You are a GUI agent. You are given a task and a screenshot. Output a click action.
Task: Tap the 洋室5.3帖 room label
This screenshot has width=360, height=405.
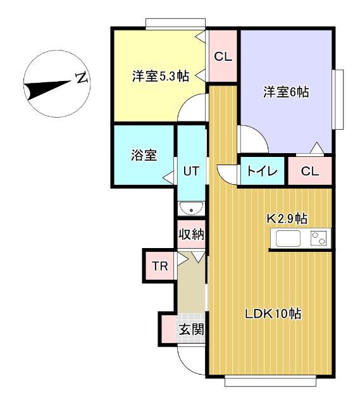[160, 76]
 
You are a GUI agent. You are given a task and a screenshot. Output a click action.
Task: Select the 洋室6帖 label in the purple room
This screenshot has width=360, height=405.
[285, 92]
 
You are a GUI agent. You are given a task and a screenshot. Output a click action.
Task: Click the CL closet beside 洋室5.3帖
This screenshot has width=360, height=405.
[223, 56]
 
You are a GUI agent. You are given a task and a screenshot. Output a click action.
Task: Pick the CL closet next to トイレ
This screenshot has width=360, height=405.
[309, 171]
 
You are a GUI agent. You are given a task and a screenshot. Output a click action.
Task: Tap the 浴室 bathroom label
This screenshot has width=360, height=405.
[144, 155]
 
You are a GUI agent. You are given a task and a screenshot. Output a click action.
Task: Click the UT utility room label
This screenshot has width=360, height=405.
[191, 171]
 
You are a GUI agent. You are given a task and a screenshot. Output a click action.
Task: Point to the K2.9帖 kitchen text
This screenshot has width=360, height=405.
[286, 218]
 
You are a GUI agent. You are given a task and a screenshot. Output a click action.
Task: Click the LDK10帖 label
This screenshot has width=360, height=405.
[272, 313]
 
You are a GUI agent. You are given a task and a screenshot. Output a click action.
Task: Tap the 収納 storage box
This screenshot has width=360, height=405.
[191, 234]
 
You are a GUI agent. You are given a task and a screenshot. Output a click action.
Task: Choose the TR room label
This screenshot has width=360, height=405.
[160, 266]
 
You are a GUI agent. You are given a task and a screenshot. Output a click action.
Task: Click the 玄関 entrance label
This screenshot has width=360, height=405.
[190, 329]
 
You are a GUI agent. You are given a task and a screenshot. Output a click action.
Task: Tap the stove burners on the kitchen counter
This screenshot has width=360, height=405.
[319, 239]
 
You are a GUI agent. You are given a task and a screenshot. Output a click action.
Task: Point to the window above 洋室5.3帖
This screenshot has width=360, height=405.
[170, 24]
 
